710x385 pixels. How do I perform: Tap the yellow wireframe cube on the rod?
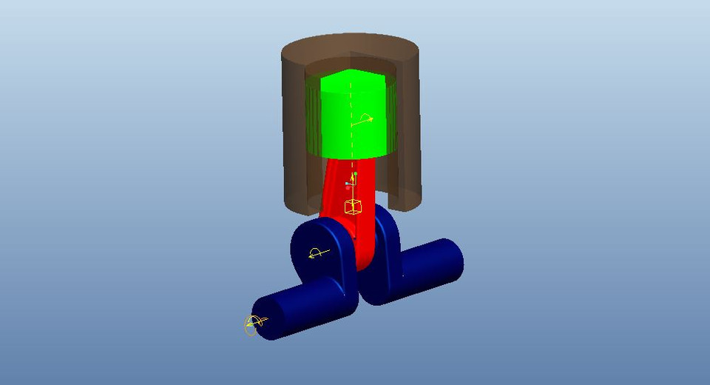tap(354, 207)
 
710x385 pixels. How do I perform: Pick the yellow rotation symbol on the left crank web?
tap(317, 254)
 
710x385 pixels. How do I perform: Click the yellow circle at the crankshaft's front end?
tap(251, 324)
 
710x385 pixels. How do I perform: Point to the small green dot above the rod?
tap(356, 174)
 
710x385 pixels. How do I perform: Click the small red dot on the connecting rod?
tap(348, 187)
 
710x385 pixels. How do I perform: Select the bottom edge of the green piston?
tap(351, 157)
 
